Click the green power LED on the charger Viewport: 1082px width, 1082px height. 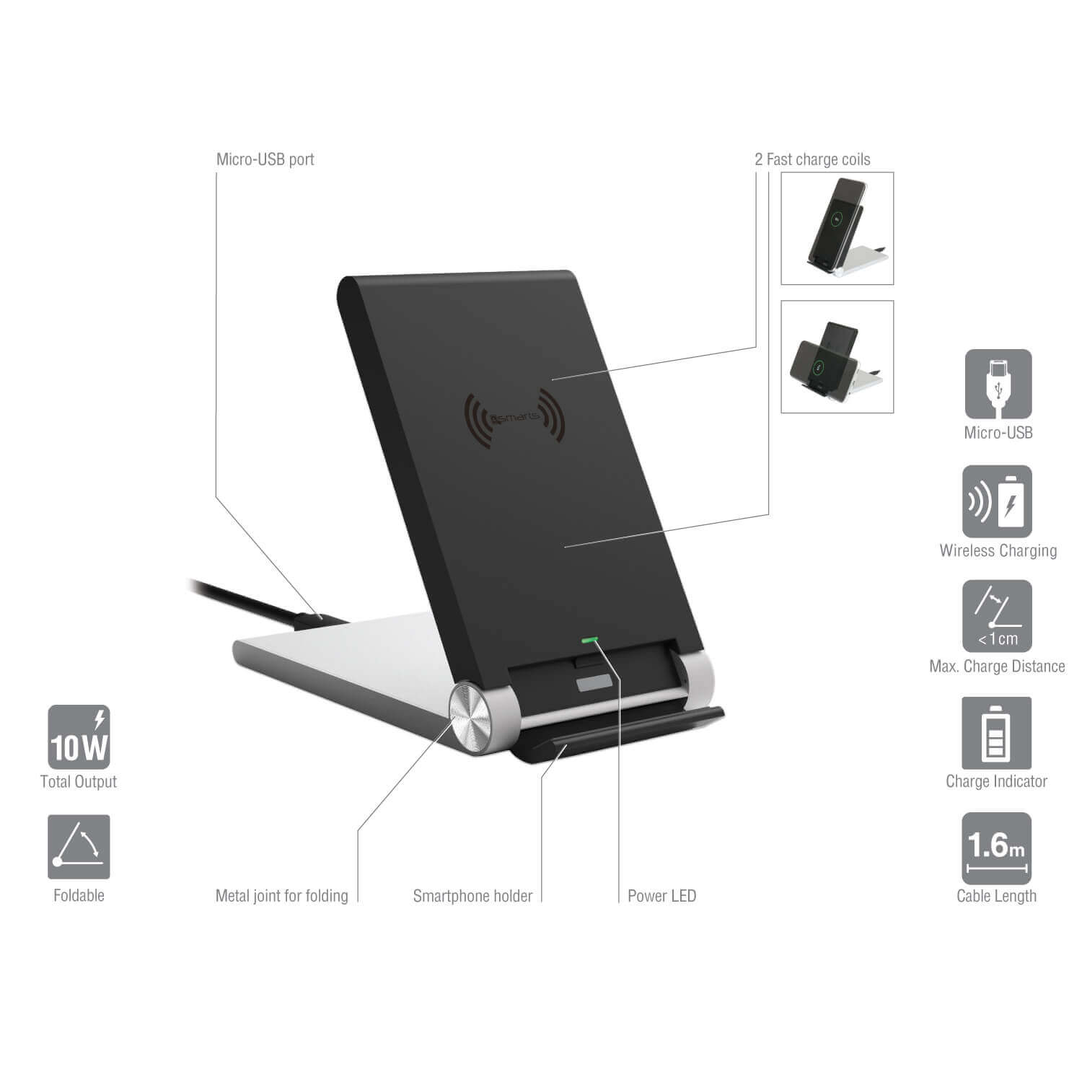(590, 639)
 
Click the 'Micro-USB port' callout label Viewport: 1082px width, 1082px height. (265, 159)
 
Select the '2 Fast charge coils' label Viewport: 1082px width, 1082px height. (812, 159)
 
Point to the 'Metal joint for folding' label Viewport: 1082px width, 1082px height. (282, 896)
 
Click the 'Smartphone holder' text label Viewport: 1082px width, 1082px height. (472, 896)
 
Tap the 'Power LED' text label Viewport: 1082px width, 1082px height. (661, 896)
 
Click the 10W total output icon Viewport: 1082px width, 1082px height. (79, 736)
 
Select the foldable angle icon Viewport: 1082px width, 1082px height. (79, 847)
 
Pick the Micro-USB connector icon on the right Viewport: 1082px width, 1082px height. (998, 384)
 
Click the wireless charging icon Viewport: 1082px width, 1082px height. (997, 501)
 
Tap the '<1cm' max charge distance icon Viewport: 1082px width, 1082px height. (997, 617)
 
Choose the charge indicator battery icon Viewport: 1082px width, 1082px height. (996, 733)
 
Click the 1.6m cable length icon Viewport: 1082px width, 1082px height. (996, 848)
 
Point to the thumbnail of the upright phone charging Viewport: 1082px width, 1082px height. (837, 228)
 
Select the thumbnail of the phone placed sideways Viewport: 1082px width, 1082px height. (837, 357)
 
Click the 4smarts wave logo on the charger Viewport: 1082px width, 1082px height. (514, 417)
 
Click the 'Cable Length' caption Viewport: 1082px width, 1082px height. (996, 896)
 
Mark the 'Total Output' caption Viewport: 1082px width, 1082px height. (79, 781)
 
